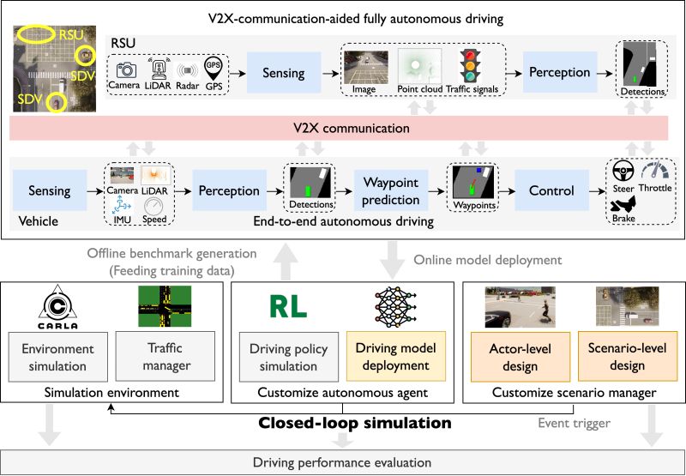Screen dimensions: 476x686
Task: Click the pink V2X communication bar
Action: [342, 129]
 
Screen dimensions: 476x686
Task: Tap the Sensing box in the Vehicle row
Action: [50, 190]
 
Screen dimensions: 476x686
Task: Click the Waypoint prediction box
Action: [391, 190]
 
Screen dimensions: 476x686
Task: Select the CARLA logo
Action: [60, 308]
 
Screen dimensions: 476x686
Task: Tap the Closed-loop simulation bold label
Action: [355, 423]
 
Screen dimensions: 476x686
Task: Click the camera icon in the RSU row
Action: [126, 69]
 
